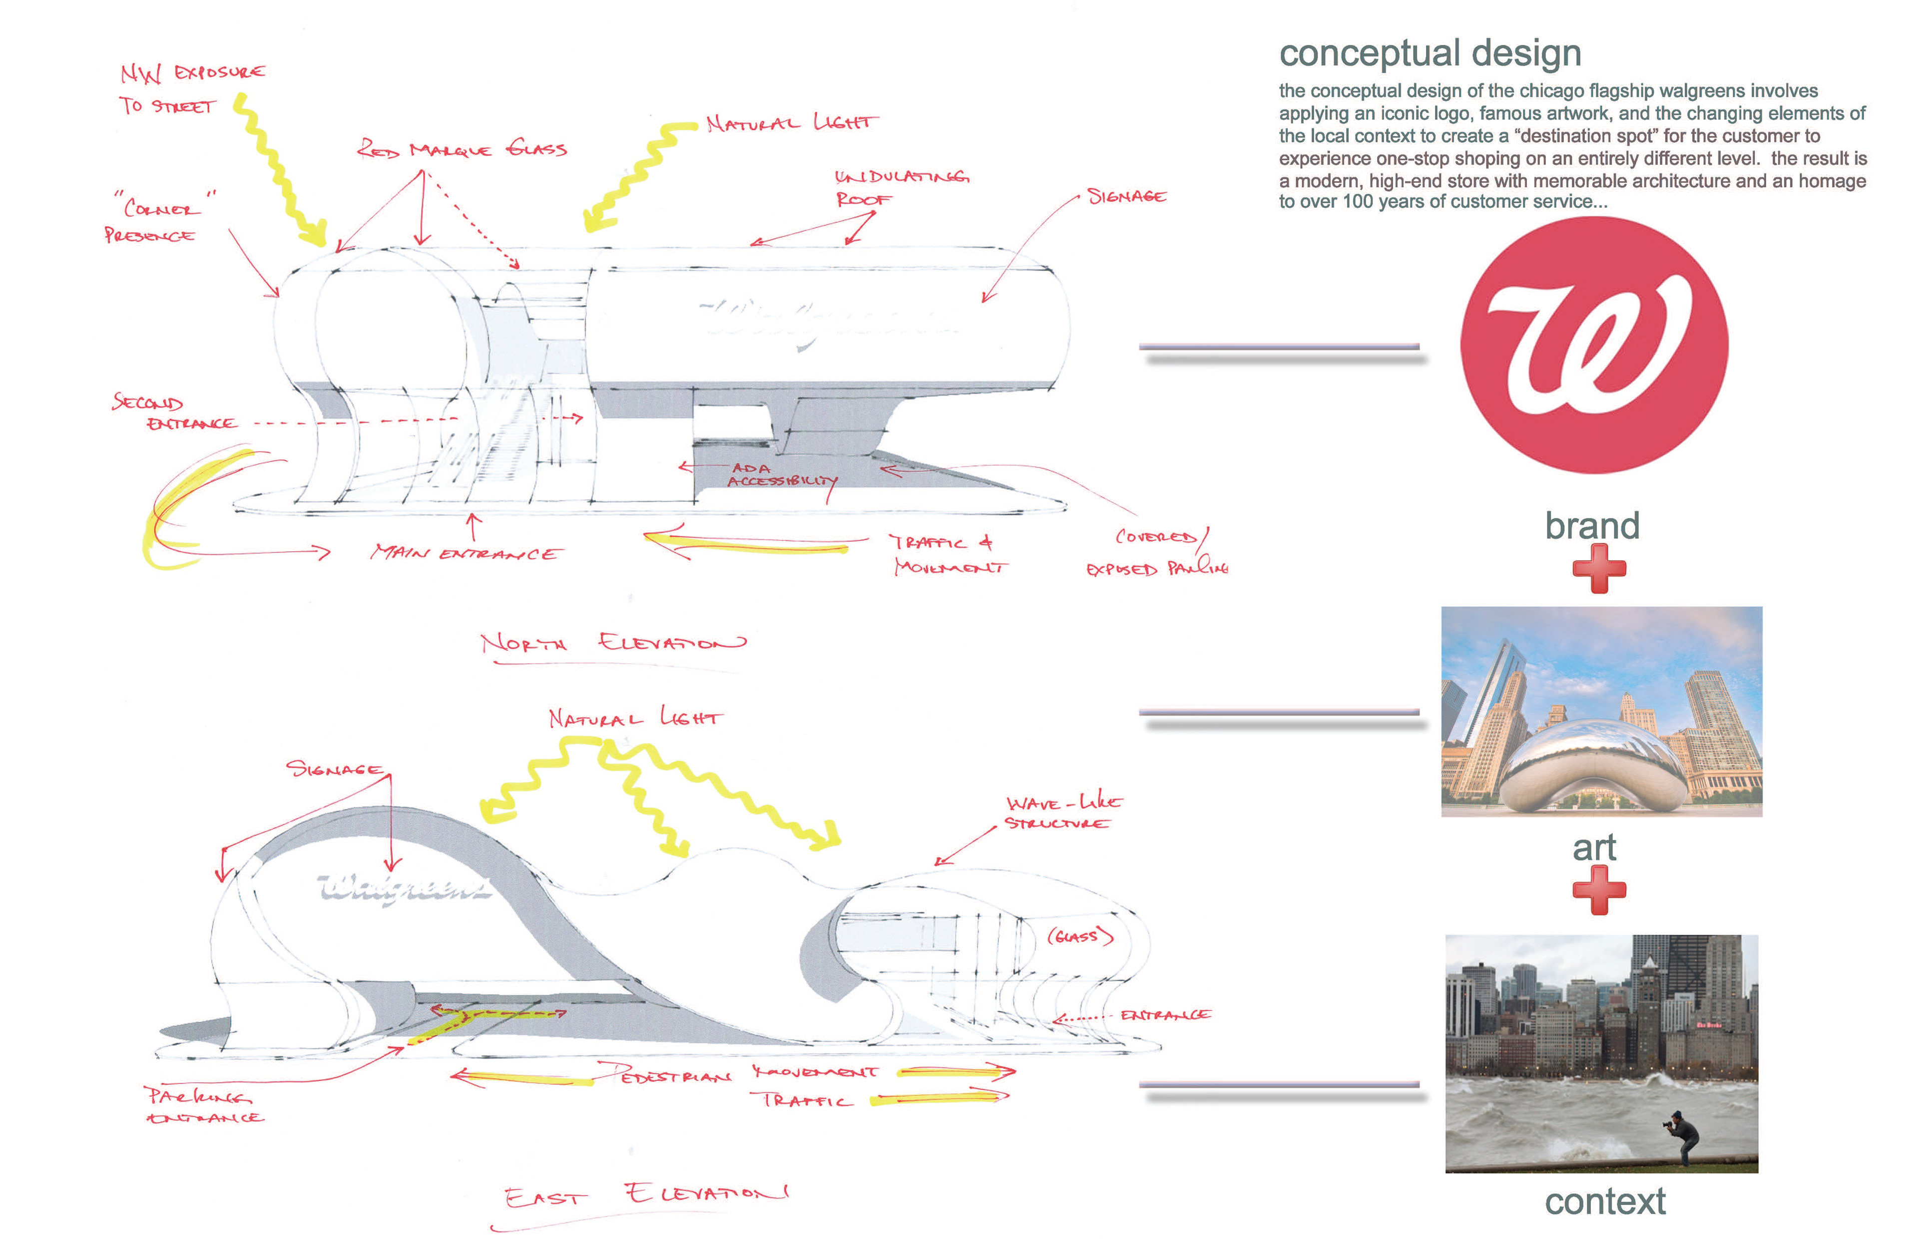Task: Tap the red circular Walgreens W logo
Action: point(1593,345)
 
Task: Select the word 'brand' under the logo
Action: point(1592,525)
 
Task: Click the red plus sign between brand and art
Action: point(1599,568)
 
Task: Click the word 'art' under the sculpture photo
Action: point(1594,848)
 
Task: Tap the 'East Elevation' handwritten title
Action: point(645,1195)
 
